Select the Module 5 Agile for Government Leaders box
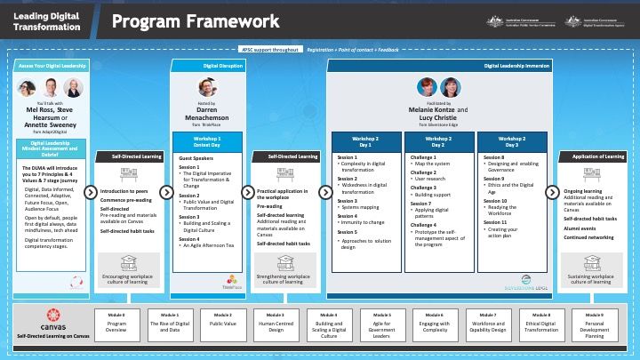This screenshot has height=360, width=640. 381,325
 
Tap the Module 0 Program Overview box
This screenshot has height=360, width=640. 117,325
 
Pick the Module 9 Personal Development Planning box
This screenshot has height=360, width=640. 592,325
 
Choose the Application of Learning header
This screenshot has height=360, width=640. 590,156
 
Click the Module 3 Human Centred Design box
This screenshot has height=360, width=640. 276,325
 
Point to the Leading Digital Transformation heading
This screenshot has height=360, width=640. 44,21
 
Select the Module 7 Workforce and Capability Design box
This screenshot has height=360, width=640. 487,325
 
